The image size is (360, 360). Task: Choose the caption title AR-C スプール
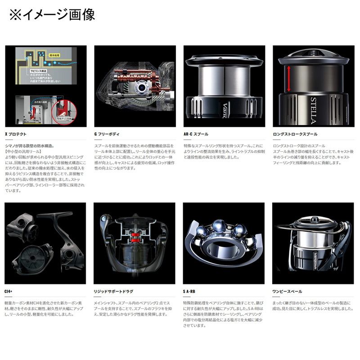[196, 134]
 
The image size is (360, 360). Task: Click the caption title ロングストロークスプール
[295, 134]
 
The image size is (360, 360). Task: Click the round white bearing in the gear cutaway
[145, 87]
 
